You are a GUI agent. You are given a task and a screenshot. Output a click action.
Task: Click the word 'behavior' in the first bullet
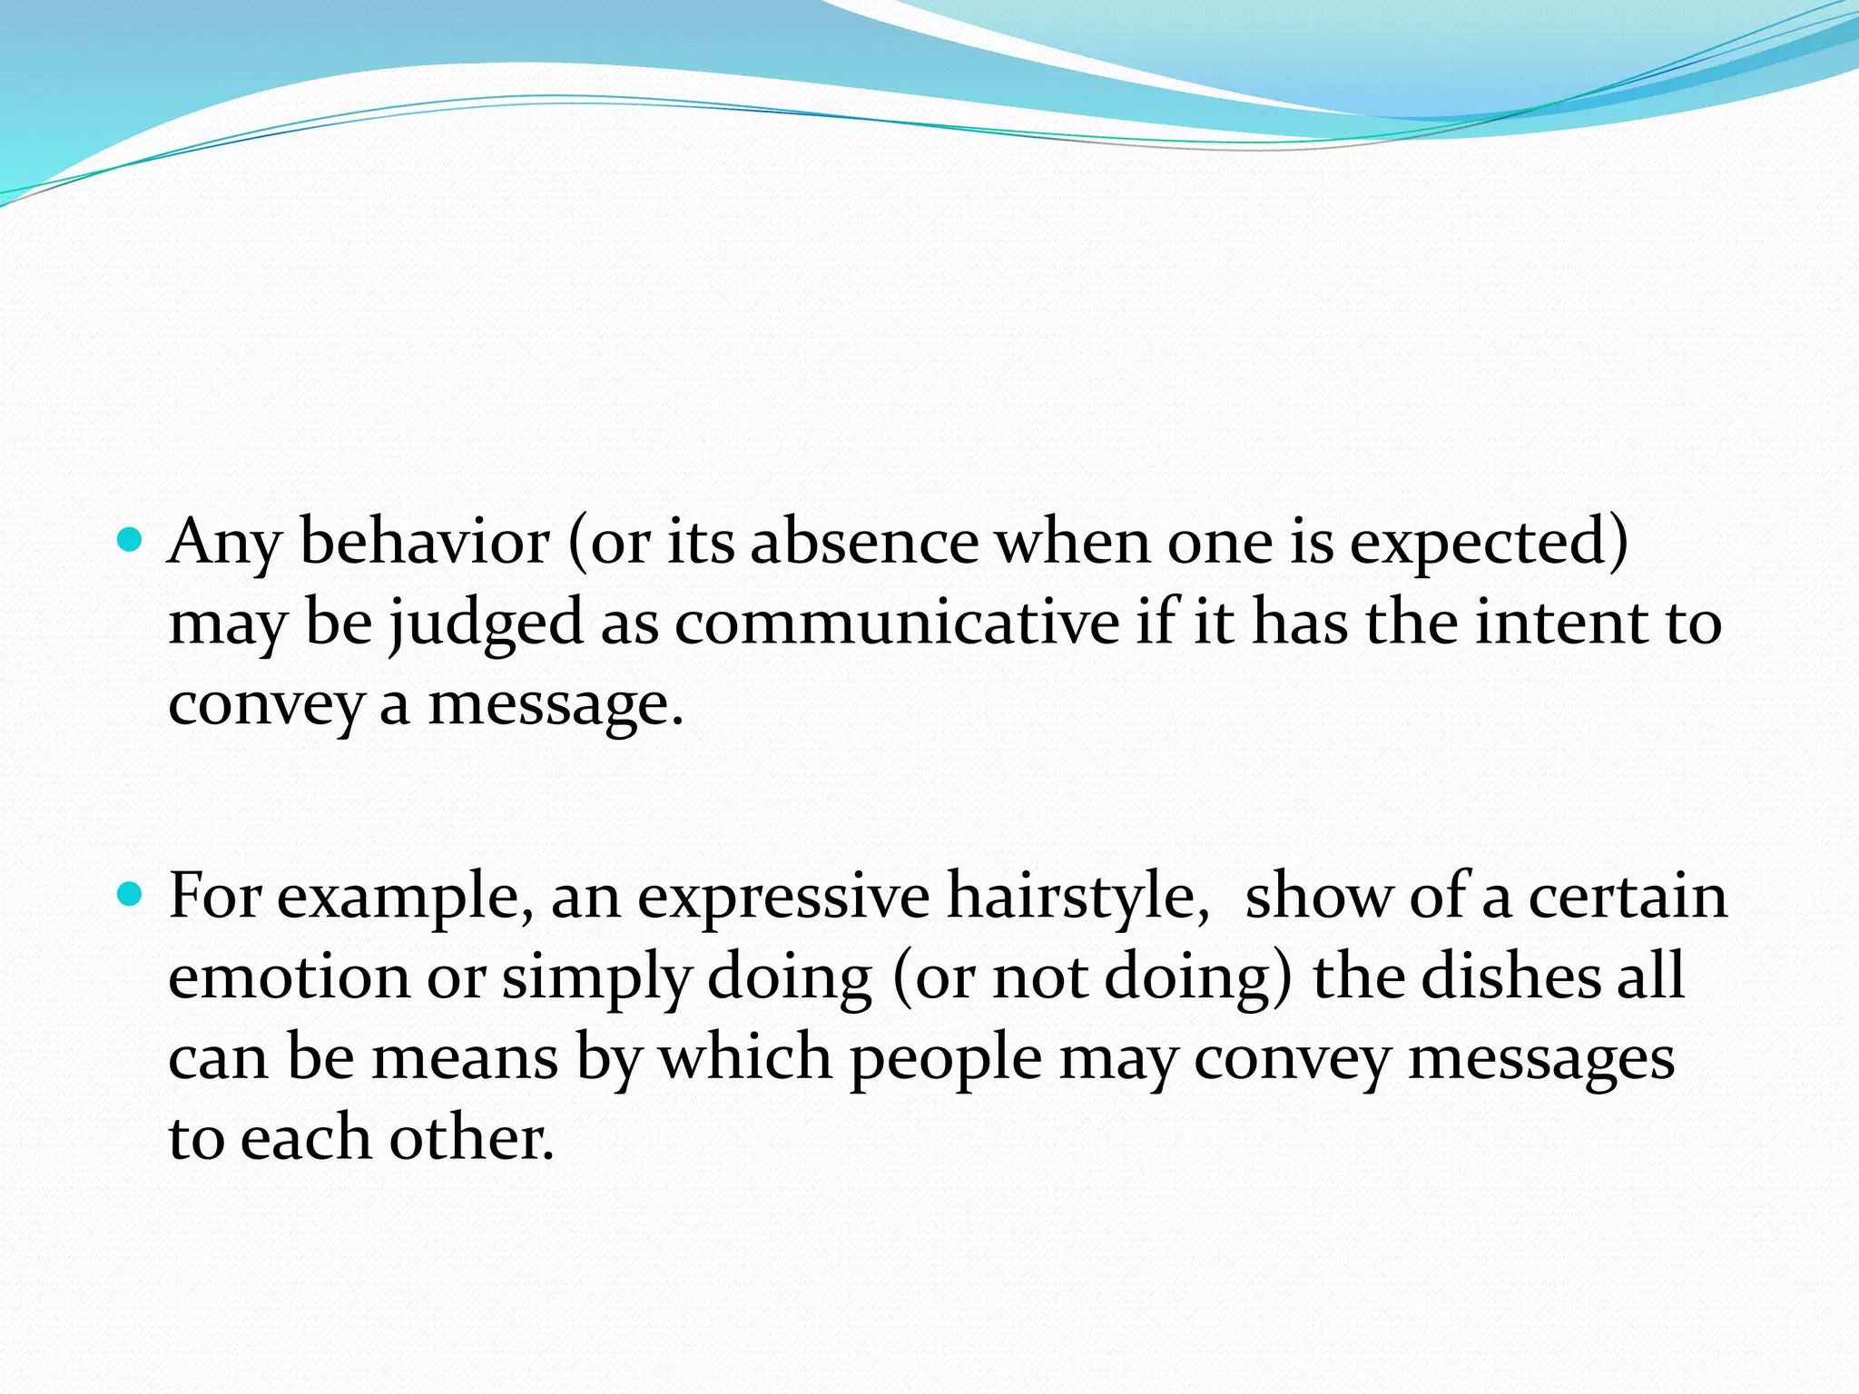[x=425, y=542]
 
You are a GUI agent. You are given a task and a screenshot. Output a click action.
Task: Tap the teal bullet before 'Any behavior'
[x=131, y=542]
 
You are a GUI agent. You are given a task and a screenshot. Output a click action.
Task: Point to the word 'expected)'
[x=1489, y=542]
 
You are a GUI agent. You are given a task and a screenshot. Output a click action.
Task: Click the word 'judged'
[x=486, y=623]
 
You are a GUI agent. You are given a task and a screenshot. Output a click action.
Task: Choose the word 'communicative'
[x=897, y=623]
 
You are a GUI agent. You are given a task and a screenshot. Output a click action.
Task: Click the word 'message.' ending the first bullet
[x=556, y=705]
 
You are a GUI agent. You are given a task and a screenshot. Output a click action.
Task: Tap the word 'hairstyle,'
[x=1078, y=898]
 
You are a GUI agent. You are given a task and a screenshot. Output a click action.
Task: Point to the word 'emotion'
[x=289, y=977]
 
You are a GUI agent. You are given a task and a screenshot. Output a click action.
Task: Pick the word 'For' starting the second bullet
[x=215, y=896]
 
